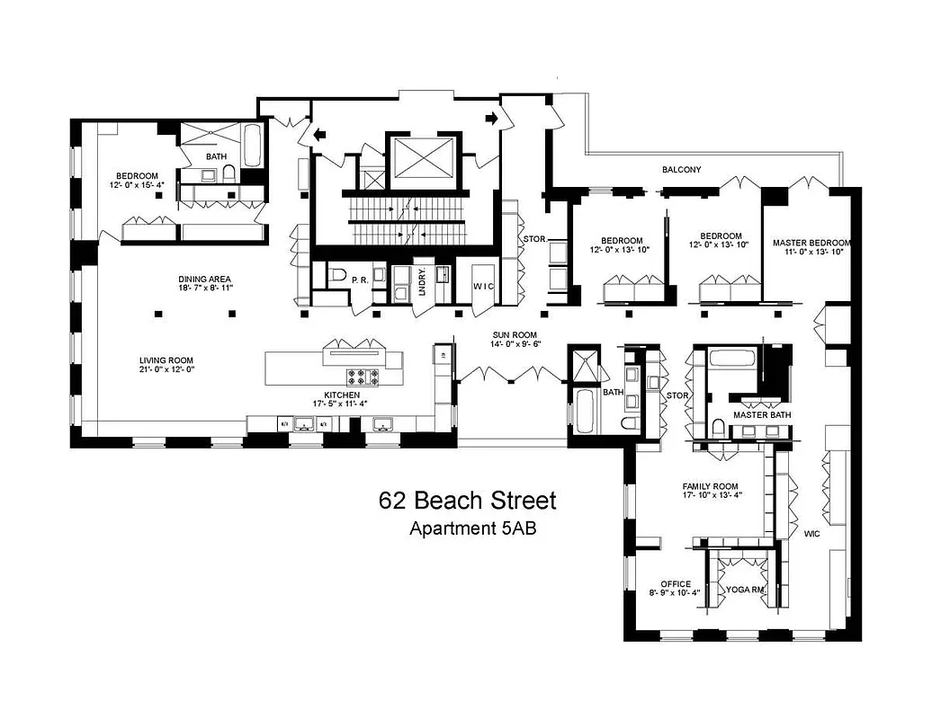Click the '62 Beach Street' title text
pyautogui.click(x=467, y=501)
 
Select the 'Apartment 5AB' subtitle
pyautogui.click(x=473, y=528)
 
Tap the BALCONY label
pyautogui.click(x=681, y=169)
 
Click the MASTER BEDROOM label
pyautogui.click(x=811, y=243)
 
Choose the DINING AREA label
pyautogui.click(x=205, y=280)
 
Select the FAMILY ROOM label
pyautogui.click(x=710, y=486)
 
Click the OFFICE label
pyautogui.click(x=676, y=584)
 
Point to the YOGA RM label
pyautogui.click(x=744, y=590)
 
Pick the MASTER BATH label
pyautogui.click(x=761, y=414)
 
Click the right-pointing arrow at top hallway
pyautogui.click(x=492, y=118)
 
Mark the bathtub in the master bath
pyautogui.click(x=734, y=359)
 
